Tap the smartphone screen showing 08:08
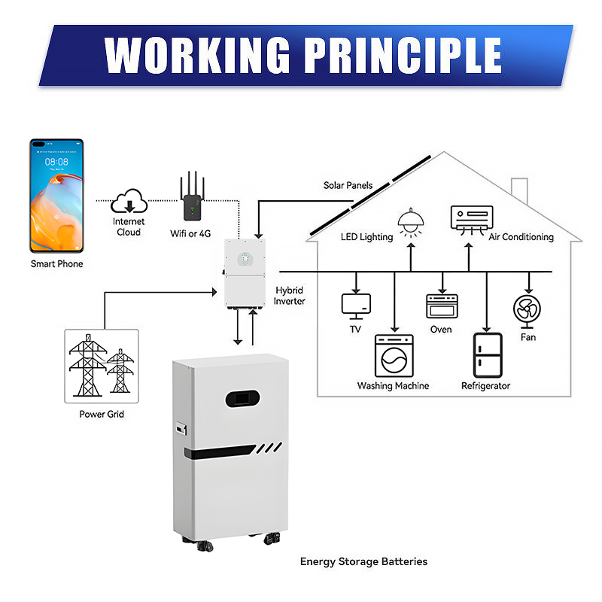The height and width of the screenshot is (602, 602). (56, 196)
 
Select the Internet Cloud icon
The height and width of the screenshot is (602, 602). (129, 202)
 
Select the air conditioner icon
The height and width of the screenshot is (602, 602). (472, 218)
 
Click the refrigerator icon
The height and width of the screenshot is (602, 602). (487, 355)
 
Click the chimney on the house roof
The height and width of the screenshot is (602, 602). (520, 191)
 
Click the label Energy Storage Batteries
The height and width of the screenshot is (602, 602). (363, 561)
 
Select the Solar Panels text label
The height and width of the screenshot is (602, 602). (348, 185)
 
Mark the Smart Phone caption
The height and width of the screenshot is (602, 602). (57, 264)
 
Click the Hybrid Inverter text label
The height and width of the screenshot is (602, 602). (290, 296)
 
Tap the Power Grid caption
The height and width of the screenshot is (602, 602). (102, 415)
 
